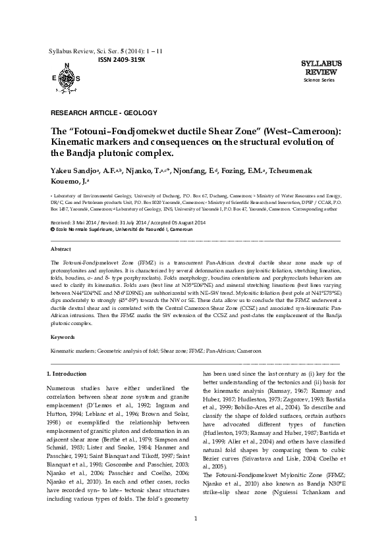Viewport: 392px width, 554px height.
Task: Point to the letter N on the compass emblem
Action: (67, 64)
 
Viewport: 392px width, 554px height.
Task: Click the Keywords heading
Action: (63, 337)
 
